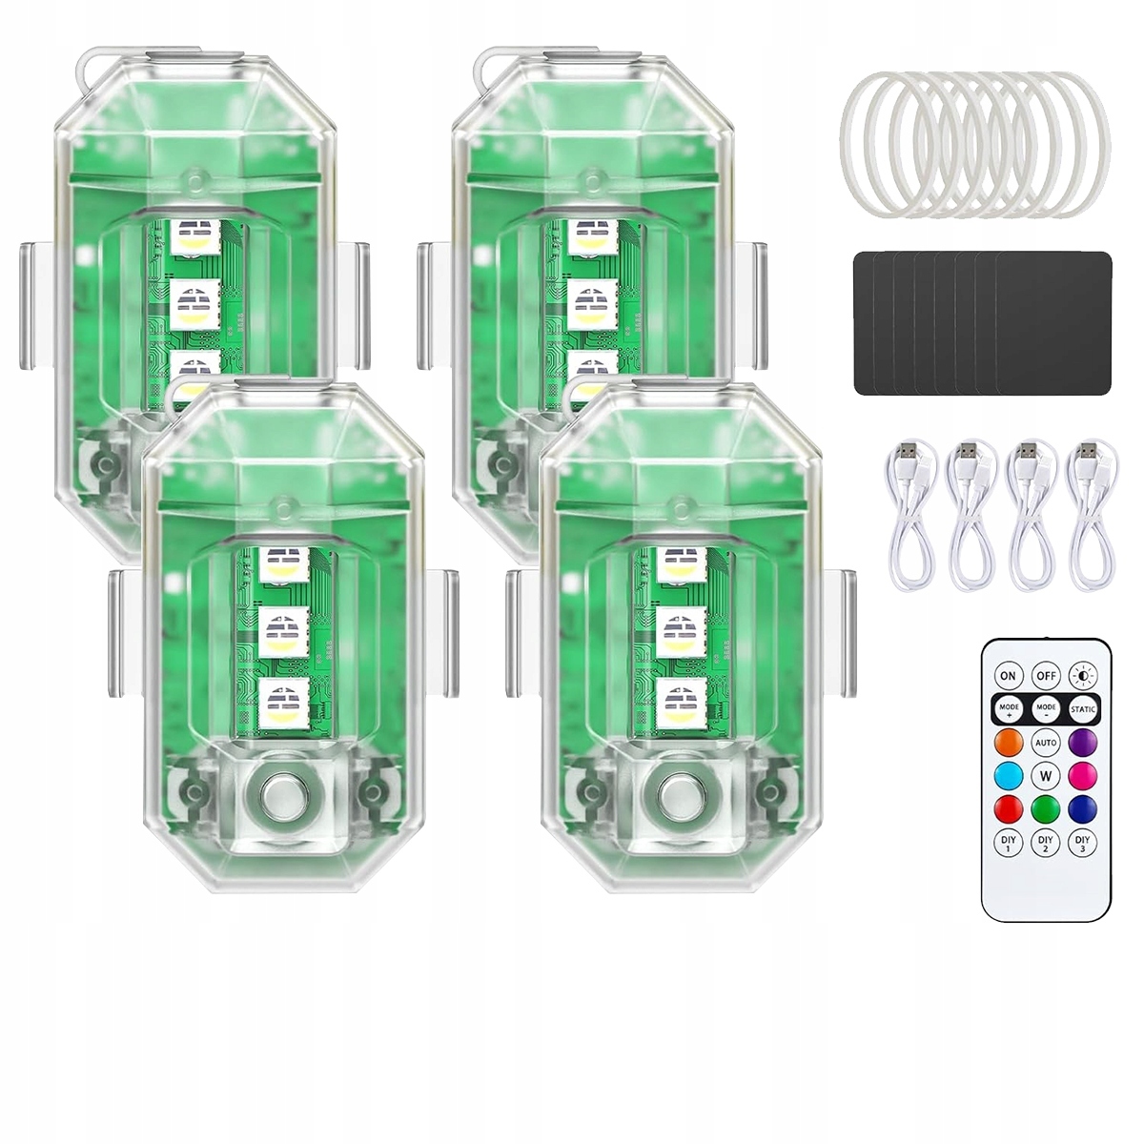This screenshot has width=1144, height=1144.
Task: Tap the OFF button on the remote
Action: [1046, 676]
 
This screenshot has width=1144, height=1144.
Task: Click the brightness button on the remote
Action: [1083, 676]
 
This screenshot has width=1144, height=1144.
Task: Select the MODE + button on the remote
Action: [1009, 709]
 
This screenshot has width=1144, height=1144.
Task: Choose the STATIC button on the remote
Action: [1083, 709]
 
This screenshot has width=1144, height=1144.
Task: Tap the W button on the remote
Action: [1046, 775]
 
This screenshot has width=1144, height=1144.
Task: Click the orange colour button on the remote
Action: [1009, 743]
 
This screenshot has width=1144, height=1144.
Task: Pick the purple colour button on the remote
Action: [1083, 743]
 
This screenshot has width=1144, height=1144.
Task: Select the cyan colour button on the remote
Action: [1009, 775]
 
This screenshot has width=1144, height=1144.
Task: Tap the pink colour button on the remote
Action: [1083, 775]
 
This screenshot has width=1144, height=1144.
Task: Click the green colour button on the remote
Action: [1046, 808]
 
